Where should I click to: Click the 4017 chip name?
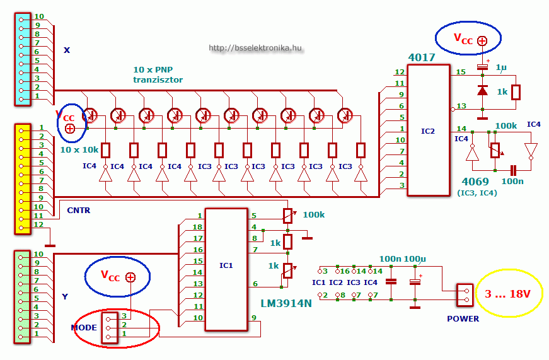pyautogui.click(x=422, y=57)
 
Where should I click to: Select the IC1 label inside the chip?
pyautogui.click(x=226, y=266)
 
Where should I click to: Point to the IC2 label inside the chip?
pyautogui.click(x=428, y=131)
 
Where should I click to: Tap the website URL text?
pyautogui.click(x=255, y=48)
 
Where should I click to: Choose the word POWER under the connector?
pyautogui.click(x=463, y=319)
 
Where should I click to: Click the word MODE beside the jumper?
pyautogui.click(x=84, y=328)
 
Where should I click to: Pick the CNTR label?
pyautogui.click(x=78, y=211)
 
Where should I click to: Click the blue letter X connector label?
pyautogui.click(x=67, y=50)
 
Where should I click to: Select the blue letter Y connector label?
pyautogui.click(x=64, y=296)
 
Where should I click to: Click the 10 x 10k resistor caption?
pyautogui.click(x=79, y=150)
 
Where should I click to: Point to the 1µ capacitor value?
pyautogui.click(x=500, y=67)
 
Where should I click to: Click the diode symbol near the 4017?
pyautogui.click(x=482, y=91)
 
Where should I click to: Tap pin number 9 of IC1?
pyautogui.click(x=253, y=318)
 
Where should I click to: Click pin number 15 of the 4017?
pyautogui.click(x=461, y=73)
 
